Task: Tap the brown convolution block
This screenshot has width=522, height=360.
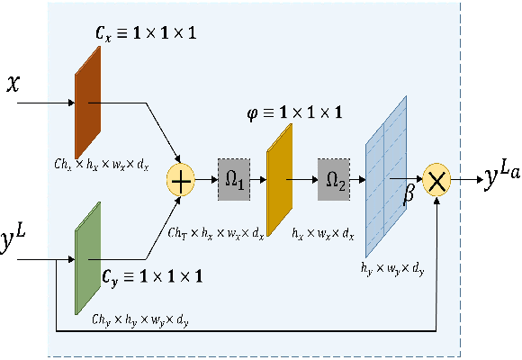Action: (x=88, y=101)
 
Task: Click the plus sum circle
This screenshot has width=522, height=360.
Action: (x=183, y=180)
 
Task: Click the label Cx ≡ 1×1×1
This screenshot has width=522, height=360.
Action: (x=147, y=33)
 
